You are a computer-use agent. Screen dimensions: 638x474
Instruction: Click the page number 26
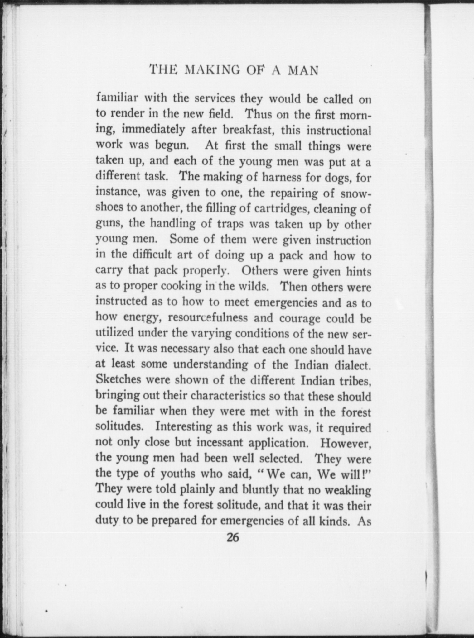click(x=233, y=538)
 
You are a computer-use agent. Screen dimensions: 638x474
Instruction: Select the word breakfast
click(x=249, y=130)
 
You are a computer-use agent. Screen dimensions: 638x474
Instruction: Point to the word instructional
click(x=339, y=130)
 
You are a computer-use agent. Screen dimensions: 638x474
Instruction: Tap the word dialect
click(x=351, y=365)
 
